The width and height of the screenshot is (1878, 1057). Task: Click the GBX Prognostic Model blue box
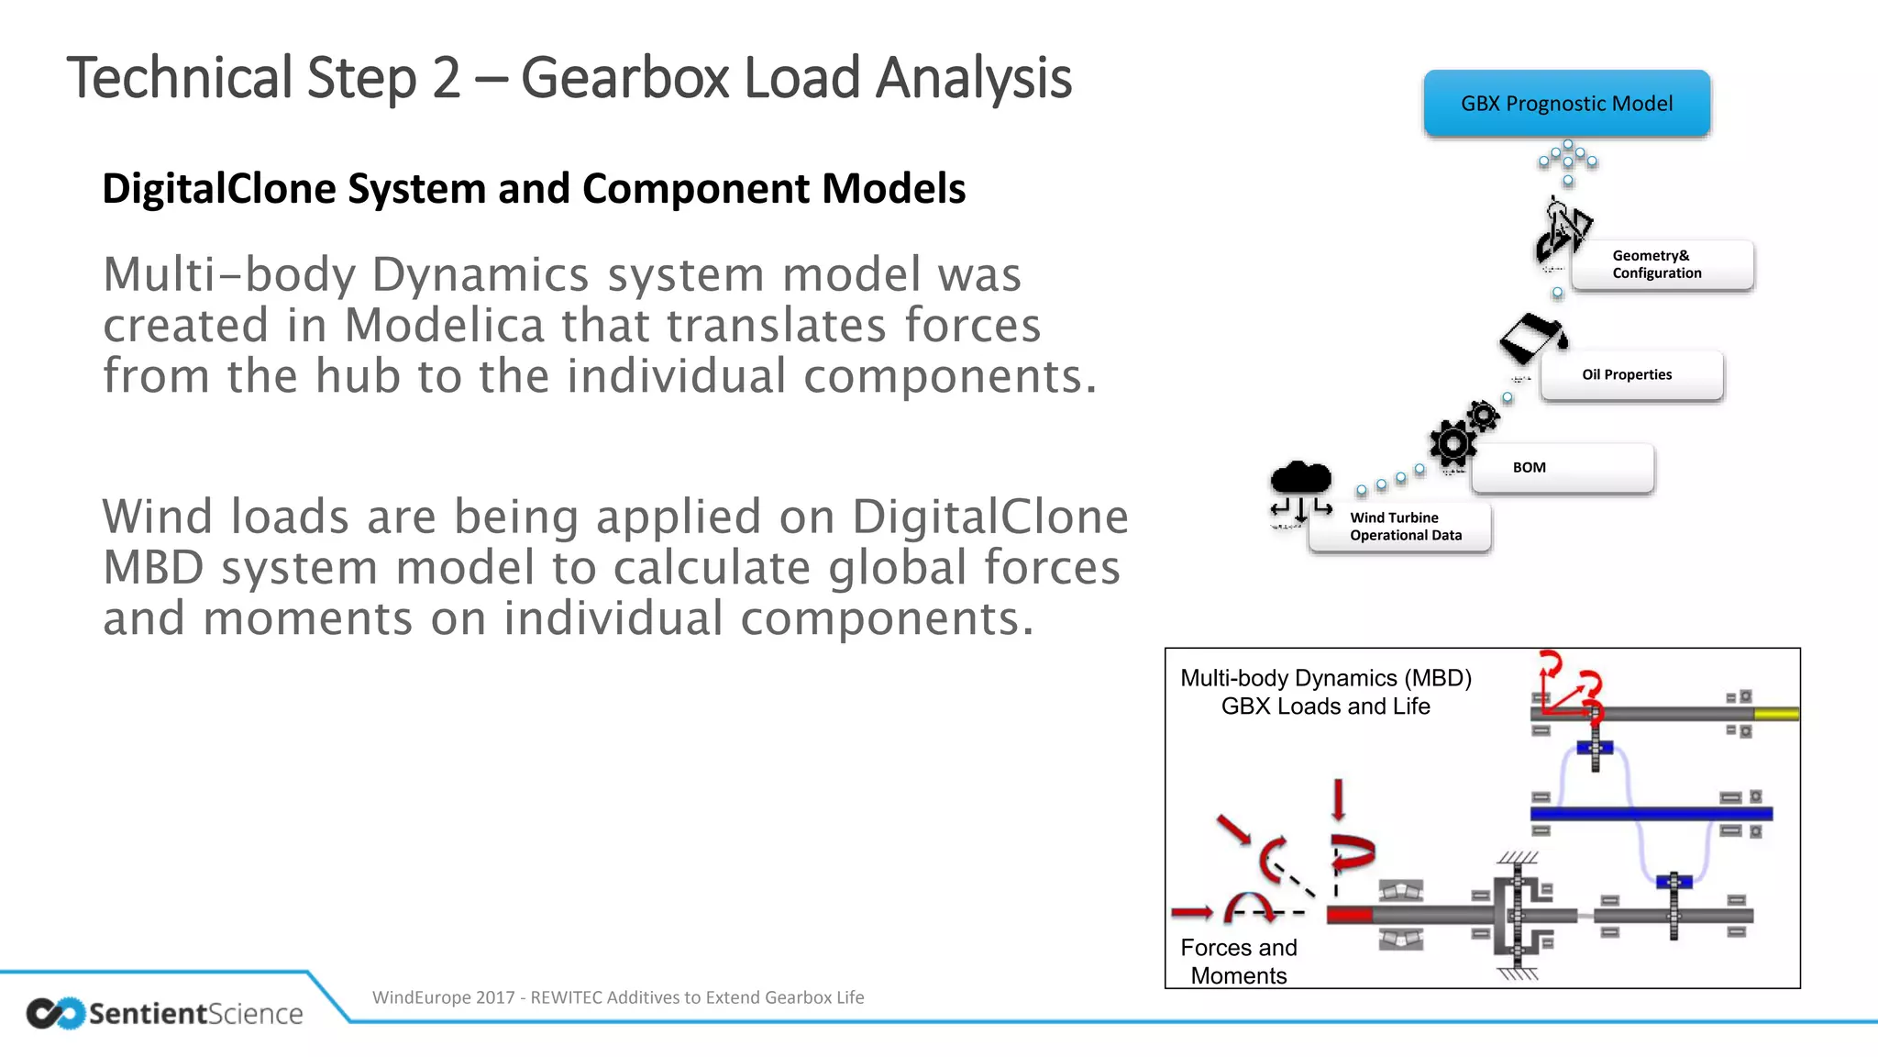click(x=1566, y=104)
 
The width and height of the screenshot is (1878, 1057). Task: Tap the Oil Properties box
click(x=1631, y=375)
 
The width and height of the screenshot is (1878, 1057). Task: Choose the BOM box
click(x=1563, y=468)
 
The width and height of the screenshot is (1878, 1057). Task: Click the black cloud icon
click(x=1300, y=479)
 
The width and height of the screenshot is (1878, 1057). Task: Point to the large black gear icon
click(x=1453, y=444)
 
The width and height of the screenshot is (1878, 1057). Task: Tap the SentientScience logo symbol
click(x=55, y=1013)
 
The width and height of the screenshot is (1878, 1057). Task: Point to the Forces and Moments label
click(x=1238, y=962)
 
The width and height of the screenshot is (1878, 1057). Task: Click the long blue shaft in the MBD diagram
click(x=1651, y=814)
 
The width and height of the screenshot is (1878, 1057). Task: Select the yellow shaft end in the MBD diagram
click(x=1775, y=714)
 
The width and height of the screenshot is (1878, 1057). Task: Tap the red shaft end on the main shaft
click(x=1349, y=915)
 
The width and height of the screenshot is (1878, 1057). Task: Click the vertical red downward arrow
click(x=1338, y=799)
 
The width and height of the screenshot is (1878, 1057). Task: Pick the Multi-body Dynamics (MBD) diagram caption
click(x=1325, y=692)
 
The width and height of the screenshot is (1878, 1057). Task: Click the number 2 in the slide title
click(x=447, y=79)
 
